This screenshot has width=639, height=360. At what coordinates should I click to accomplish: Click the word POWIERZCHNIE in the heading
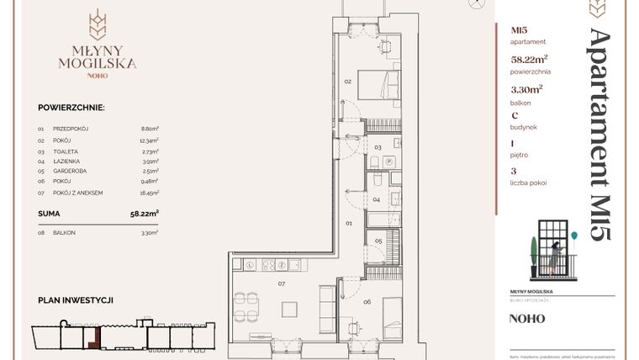[x=71, y=108]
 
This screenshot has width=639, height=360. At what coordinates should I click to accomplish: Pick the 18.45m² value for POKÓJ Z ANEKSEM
[x=149, y=192]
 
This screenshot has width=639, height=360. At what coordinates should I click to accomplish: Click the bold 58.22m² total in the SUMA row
[x=145, y=214]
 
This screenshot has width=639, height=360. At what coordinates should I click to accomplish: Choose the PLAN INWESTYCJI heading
[x=76, y=299]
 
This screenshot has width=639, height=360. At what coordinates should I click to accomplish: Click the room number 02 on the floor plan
[x=348, y=82]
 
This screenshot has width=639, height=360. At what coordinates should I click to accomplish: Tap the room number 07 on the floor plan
[x=283, y=283]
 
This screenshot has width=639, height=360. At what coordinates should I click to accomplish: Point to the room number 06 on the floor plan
[x=367, y=300]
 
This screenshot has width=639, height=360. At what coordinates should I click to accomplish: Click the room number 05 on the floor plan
[x=379, y=241]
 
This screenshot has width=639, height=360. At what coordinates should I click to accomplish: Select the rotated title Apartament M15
[x=599, y=135]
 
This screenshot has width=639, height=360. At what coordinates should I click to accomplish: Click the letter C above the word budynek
[x=514, y=115]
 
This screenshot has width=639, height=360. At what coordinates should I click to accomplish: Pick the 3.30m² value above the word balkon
[x=527, y=87]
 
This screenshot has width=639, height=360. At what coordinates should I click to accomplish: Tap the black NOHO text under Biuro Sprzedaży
[x=527, y=319]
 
